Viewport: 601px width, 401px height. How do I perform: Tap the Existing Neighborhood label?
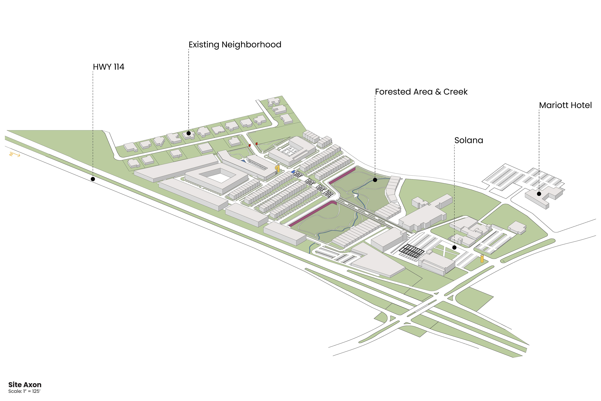point(235,45)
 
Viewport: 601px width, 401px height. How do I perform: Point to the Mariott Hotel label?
point(565,105)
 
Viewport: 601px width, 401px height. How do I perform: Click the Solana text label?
point(469,140)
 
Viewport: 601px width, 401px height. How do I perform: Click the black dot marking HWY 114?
point(93,179)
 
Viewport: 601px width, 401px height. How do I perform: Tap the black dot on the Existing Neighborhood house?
point(189,133)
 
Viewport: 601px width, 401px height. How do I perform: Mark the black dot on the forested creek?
point(375,180)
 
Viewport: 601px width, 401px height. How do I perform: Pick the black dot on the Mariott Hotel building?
point(539,194)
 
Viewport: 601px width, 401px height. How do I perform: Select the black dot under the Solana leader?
point(454,247)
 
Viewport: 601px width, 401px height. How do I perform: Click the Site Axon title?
point(25,385)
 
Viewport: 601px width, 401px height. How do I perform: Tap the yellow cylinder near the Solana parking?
point(482,259)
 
